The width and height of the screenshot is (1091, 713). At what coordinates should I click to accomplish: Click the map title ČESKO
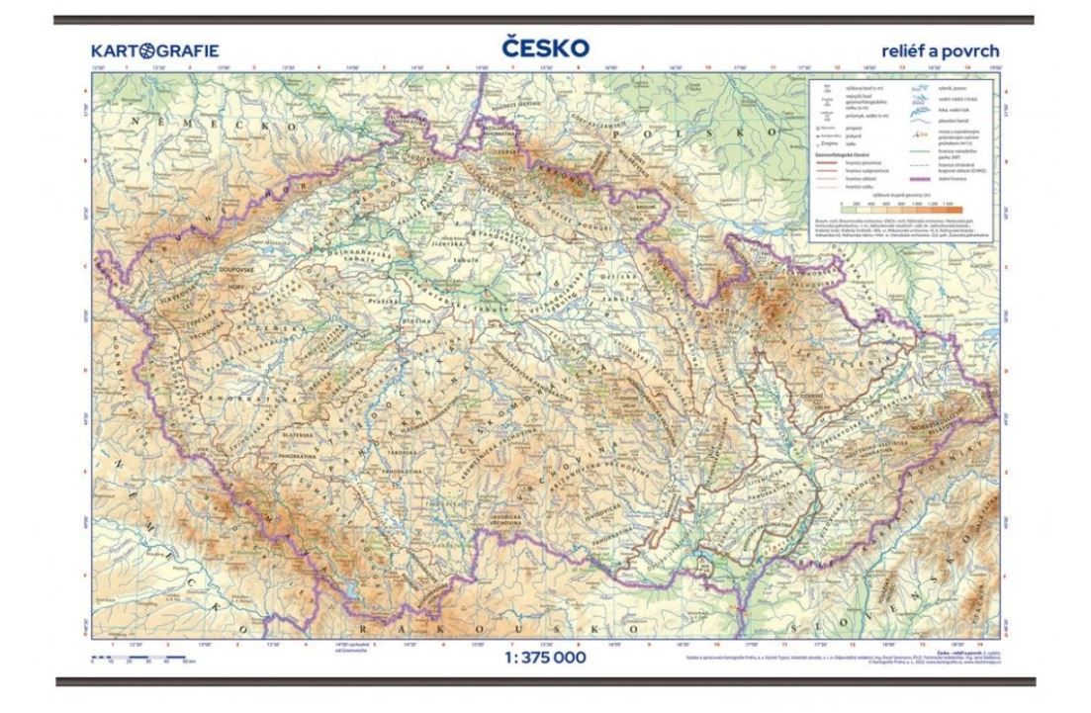pyautogui.click(x=545, y=48)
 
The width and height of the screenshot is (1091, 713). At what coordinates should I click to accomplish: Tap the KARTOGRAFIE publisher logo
pyautogui.click(x=154, y=50)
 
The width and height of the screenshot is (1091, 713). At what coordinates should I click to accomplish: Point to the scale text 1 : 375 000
pyautogui.click(x=545, y=658)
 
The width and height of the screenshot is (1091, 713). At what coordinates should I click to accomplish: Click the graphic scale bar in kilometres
pyautogui.click(x=130, y=657)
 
